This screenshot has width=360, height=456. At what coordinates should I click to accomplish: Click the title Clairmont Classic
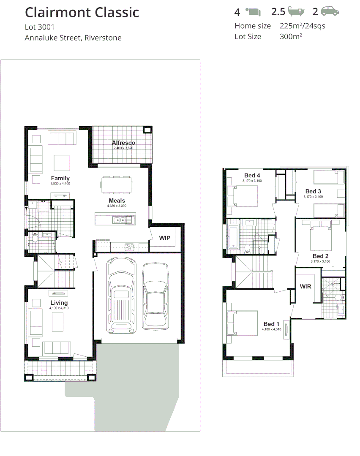pos(82,12)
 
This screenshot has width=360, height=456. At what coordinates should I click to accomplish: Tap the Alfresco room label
pos(123,143)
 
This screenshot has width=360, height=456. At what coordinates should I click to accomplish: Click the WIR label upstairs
pos(305,287)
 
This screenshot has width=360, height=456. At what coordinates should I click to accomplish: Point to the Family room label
pos(60,178)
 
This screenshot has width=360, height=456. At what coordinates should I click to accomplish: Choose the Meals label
pos(117,201)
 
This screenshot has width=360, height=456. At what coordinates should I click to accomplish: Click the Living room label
pos(59,303)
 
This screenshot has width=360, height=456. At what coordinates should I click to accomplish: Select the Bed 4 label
pos(252,175)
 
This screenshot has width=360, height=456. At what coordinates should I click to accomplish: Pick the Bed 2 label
pos(321,256)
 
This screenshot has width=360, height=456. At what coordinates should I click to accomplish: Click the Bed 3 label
pos(314,191)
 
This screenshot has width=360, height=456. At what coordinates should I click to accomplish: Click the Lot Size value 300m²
pos(291,37)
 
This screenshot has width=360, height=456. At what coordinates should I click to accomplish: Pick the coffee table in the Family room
pos(62,162)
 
